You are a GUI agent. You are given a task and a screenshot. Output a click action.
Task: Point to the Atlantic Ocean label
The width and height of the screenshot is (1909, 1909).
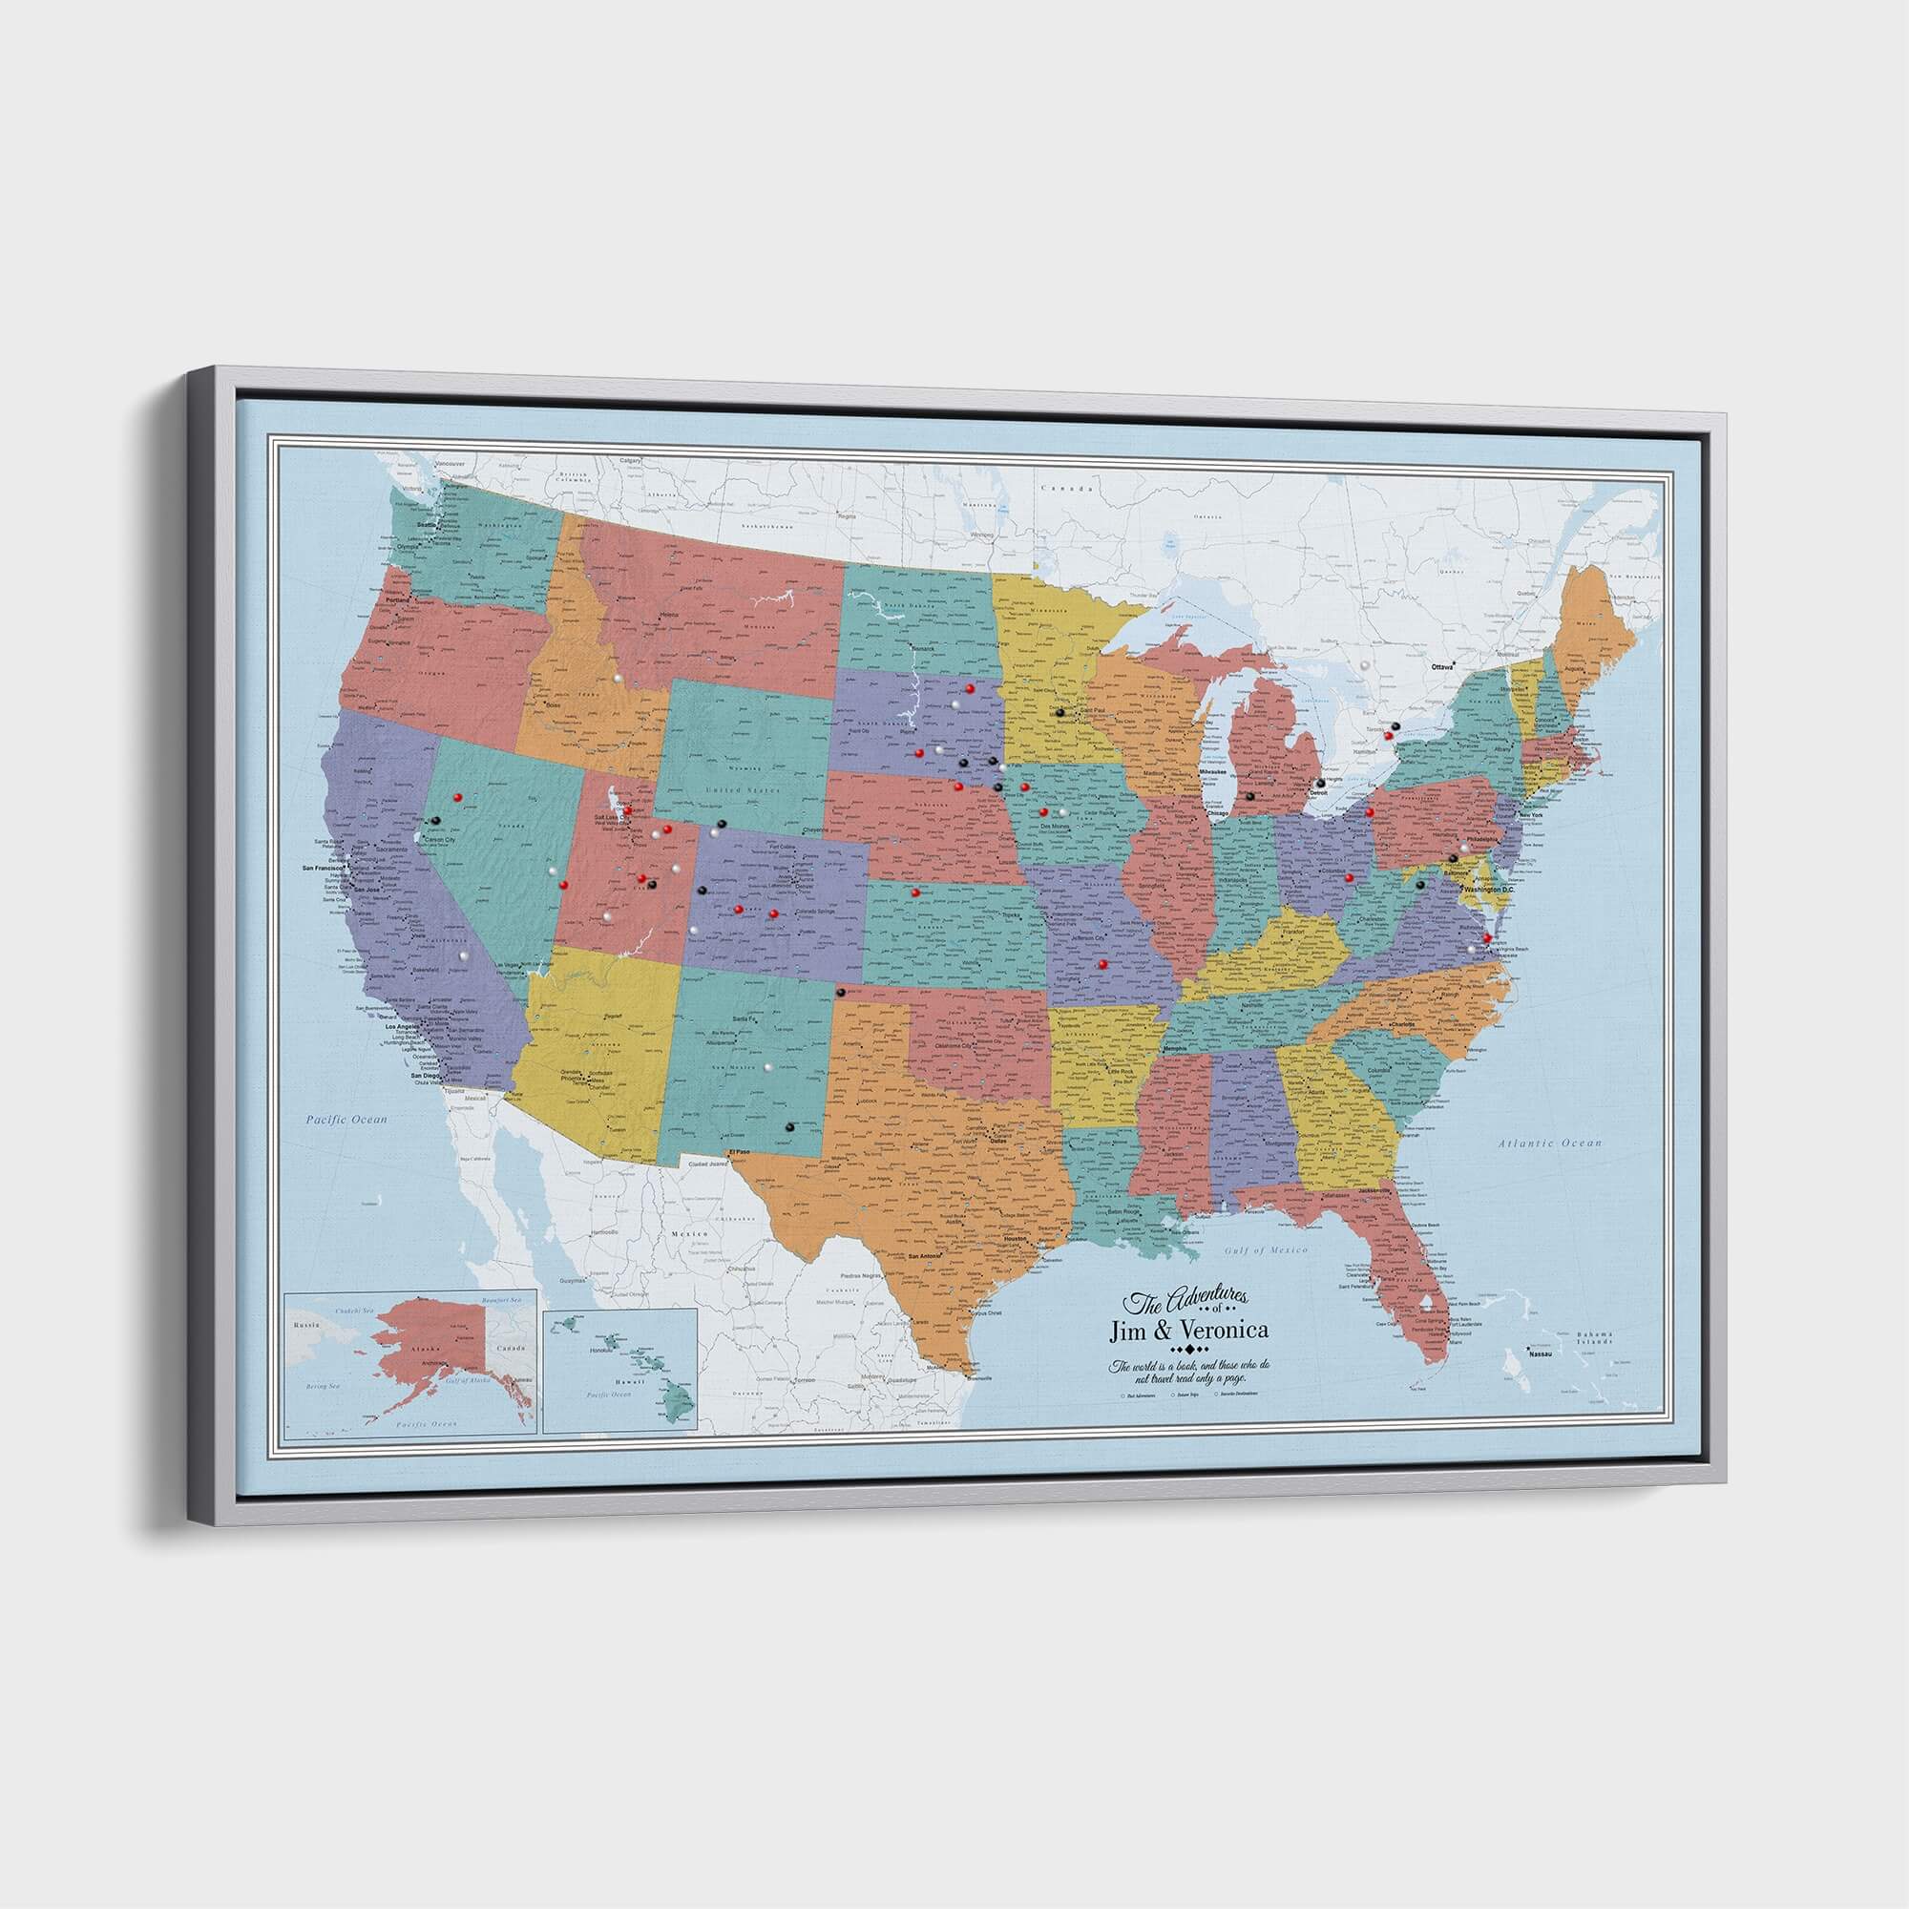click(1547, 1143)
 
